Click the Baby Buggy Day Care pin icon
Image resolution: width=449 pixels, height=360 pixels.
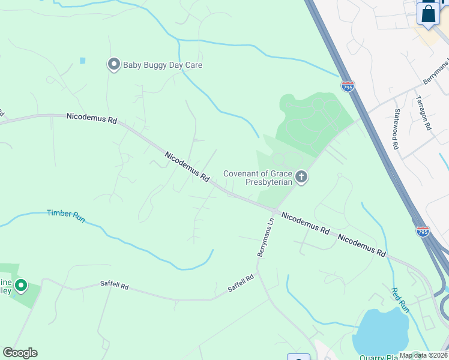tap(113, 64)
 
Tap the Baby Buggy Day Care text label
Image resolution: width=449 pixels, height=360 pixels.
tap(163, 65)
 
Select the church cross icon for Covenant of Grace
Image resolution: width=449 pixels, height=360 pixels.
tap(301, 177)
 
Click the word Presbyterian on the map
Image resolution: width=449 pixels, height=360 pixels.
tap(268, 182)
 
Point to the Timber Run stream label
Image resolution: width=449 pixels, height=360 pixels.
tap(66, 216)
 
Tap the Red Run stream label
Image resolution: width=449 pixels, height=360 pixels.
tap(400, 301)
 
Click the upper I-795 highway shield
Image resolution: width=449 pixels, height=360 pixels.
tap(348, 86)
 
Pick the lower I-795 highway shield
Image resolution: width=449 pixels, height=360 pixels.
tap(423, 231)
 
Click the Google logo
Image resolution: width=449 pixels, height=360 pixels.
tap(20, 353)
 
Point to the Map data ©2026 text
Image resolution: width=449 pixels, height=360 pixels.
tap(423, 355)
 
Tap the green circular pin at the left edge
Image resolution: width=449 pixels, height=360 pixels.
tap(21, 286)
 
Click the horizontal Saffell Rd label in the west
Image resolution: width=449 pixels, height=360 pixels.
tap(114, 287)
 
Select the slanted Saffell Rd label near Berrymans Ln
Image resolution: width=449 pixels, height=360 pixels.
tap(241, 283)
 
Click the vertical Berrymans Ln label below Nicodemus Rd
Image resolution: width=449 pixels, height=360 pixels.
tap(266, 238)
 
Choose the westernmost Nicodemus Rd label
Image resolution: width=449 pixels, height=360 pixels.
tap(91, 118)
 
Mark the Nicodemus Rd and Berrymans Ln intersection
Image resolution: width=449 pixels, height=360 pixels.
tap(274, 211)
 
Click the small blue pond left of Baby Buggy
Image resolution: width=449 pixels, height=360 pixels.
tap(82, 61)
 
